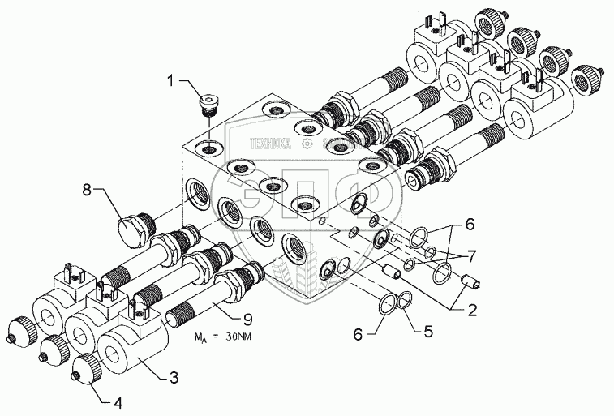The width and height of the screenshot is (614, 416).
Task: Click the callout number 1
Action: point(172,79)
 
